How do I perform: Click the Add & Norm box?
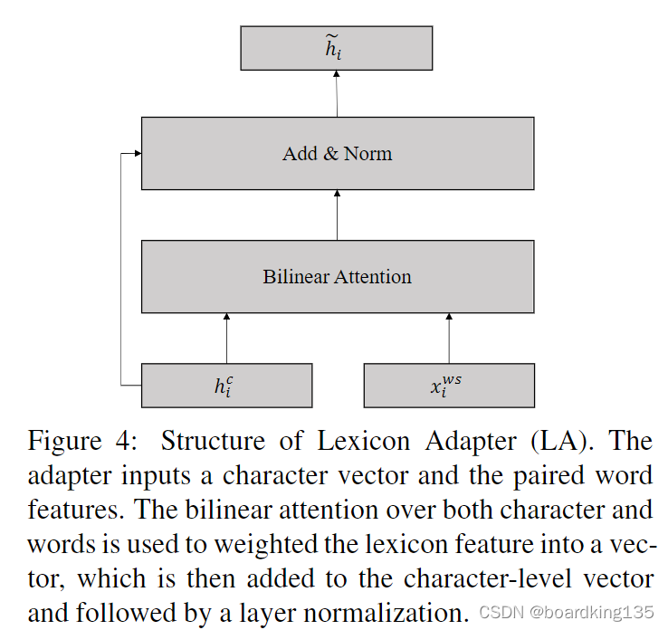pyautogui.click(x=337, y=153)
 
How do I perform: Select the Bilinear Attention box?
pyautogui.click(x=337, y=276)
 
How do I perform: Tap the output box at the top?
pyautogui.click(x=336, y=48)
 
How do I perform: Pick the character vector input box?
pyautogui.click(x=226, y=386)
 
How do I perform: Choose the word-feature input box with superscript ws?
pyautogui.click(x=448, y=386)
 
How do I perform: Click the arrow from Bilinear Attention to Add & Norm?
pyautogui.click(x=337, y=215)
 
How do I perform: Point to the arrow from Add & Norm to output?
pyautogui.click(x=337, y=93)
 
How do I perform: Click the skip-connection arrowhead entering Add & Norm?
pyautogui.click(x=137, y=153)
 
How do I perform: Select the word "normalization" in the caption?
pyautogui.click(x=366, y=614)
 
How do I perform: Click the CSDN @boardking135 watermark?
pyautogui.click(x=567, y=614)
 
